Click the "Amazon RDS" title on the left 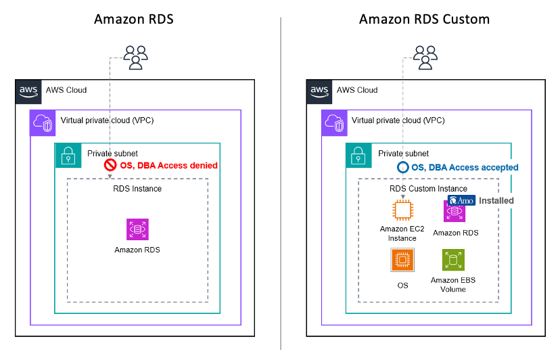pyautogui.click(x=134, y=20)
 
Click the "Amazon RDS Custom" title pyautogui.click(x=424, y=20)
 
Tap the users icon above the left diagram pyautogui.click(x=136, y=58)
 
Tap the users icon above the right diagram pyautogui.click(x=425, y=58)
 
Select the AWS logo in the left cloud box pyautogui.click(x=28, y=91)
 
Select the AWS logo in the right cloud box pyautogui.click(x=319, y=91)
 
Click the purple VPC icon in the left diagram pyautogui.click(x=43, y=123)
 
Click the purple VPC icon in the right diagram pyautogui.click(x=334, y=123)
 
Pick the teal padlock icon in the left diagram pyautogui.click(x=68, y=156)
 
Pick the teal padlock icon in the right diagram pyautogui.click(x=359, y=156)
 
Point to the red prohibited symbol pyautogui.click(x=110, y=165)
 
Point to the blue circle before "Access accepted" pyautogui.click(x=403, y=167)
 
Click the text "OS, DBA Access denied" pyautogui.click(x=168, y=166)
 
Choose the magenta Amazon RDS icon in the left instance pyautogui.click(x=137, y=229)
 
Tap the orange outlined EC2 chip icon pyautogui.click(x=403, y=210)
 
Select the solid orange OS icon pyautogui.click(x=402, y=260)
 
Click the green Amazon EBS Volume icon pyautogui.click(x=453, y=260)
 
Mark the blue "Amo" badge pyautogui.click(x=461, y=200)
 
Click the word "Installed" pyautogui.click(x=496, y=200)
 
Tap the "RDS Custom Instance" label pyautogui.click(x=428, y=188)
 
